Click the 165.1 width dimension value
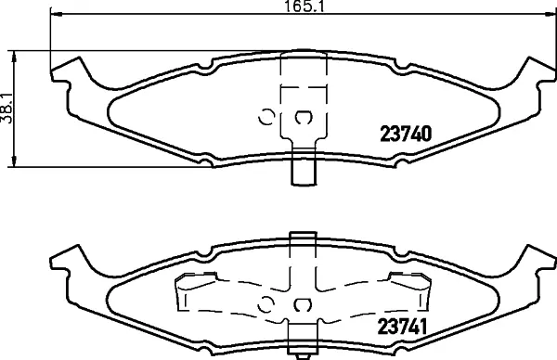coord(305,6)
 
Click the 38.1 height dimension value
coord(6,109)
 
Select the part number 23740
coord(406,135)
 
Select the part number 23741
coord(402,327)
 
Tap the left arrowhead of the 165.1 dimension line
coord(56,14)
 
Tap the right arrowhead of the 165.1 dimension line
coord(550,14)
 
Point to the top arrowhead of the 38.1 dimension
coord(14,57)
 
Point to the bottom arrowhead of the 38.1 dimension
coord(14,161)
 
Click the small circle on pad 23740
coord(266,117)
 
